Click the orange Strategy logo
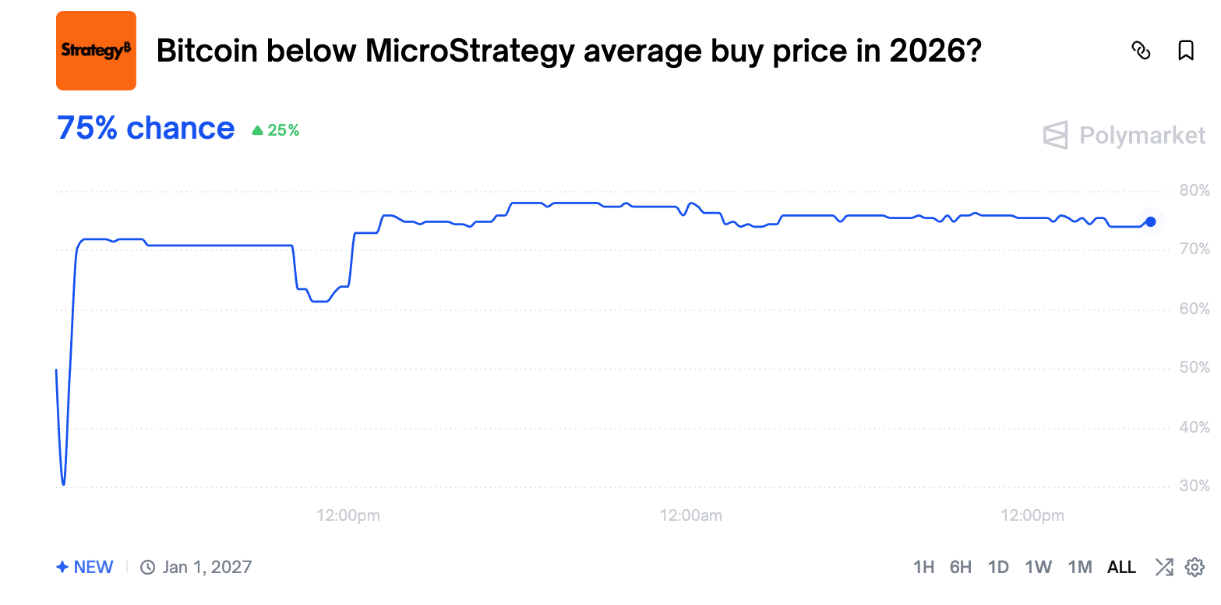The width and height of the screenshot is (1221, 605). coord(96,51)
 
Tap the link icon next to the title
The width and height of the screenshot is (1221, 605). coord(1140,51)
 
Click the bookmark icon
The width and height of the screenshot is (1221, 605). coord(1185,51)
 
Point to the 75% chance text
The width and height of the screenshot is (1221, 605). coord(146,129)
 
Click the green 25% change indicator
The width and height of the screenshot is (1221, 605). coord(276,130)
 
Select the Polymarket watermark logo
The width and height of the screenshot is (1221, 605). coord(1124,136)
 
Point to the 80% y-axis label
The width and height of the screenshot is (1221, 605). coord(1193,190)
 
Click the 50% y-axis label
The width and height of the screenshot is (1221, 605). coord(1193,368)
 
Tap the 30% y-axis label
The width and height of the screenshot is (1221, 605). coord(1193,486)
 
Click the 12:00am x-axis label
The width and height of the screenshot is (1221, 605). coord(690,515)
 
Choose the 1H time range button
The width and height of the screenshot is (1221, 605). coord(923,567)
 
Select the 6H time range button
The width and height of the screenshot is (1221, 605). coord(961,567)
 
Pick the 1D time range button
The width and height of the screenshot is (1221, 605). coord(998,567)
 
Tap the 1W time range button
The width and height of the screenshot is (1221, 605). coord(1038,567)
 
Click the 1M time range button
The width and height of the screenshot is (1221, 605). coord(1079,567)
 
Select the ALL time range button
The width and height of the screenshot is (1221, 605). coord(1121,567)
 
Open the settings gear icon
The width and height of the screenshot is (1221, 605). coord(1195,567)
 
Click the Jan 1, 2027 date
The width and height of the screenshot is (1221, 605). coord(206,567)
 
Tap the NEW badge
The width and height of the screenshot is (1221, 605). coord(85,567)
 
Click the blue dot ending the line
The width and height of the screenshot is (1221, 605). coord(1150,221)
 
